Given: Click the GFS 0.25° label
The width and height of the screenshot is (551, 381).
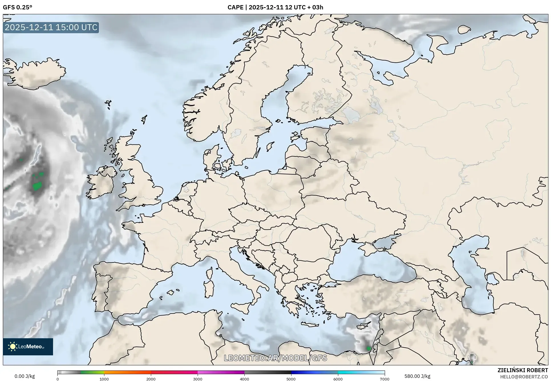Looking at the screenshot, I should [17, 7].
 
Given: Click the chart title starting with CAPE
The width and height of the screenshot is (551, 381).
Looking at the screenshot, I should [275, 7].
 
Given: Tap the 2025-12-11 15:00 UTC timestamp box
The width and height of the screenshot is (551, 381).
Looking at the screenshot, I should [51, 27].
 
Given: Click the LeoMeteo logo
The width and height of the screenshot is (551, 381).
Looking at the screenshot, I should [28, 347].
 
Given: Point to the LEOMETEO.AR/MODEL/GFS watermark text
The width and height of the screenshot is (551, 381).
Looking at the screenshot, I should [275, 358].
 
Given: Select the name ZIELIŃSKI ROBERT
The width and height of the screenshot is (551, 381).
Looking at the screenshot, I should [522, 370].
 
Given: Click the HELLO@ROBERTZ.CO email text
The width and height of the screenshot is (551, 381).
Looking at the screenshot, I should [524, 376].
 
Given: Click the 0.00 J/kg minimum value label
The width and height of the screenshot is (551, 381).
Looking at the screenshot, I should [25, 376].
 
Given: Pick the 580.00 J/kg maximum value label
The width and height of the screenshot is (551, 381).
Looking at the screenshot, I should [417, 376].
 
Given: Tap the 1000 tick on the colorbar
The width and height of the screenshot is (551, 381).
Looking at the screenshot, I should [104, 379].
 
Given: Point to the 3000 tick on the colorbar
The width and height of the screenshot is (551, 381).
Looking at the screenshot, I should [198, 379].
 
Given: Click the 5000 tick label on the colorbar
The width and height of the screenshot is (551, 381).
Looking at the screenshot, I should [291, 379].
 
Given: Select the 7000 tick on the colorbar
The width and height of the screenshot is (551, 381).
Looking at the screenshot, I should [384, 379].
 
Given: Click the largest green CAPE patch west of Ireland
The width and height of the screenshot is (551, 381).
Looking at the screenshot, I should [37, 186].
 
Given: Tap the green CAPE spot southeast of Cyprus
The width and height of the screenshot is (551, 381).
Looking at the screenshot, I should [368, 348].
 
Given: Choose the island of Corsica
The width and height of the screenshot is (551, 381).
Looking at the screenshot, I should [209, 273].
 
